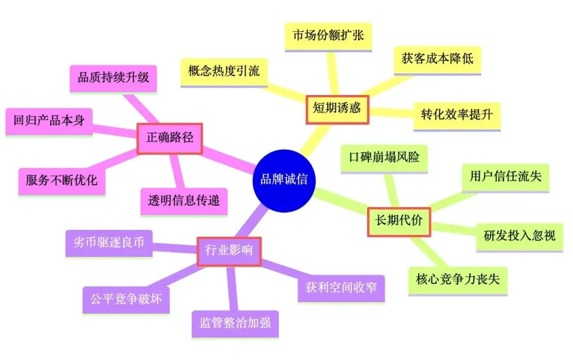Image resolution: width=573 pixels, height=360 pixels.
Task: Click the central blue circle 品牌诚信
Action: (284, 179)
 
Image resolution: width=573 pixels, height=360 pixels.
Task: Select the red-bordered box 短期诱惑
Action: (336, 109)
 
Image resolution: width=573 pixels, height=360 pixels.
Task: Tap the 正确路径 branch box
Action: (170, 139)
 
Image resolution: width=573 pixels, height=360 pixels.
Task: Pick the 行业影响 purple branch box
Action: (229, 251)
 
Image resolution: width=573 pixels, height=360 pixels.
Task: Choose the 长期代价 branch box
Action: (399, 221)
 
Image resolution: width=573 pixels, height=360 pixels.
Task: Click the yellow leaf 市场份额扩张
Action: (328, 36)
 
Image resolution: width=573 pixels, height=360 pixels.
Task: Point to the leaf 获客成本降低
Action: (437, 59)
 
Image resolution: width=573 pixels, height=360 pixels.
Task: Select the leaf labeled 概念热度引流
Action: (224, 71)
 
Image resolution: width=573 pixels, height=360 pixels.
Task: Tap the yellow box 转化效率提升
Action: (457, 115)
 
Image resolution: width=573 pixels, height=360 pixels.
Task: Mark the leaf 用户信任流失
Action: (505, 176)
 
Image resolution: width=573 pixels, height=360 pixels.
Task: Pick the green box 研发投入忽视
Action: (519, 235)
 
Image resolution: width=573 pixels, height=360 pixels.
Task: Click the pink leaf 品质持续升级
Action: (114, 78)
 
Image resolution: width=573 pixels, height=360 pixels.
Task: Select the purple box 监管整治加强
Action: (235, 323)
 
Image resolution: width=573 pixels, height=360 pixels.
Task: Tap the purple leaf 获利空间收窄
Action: (341, 288)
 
